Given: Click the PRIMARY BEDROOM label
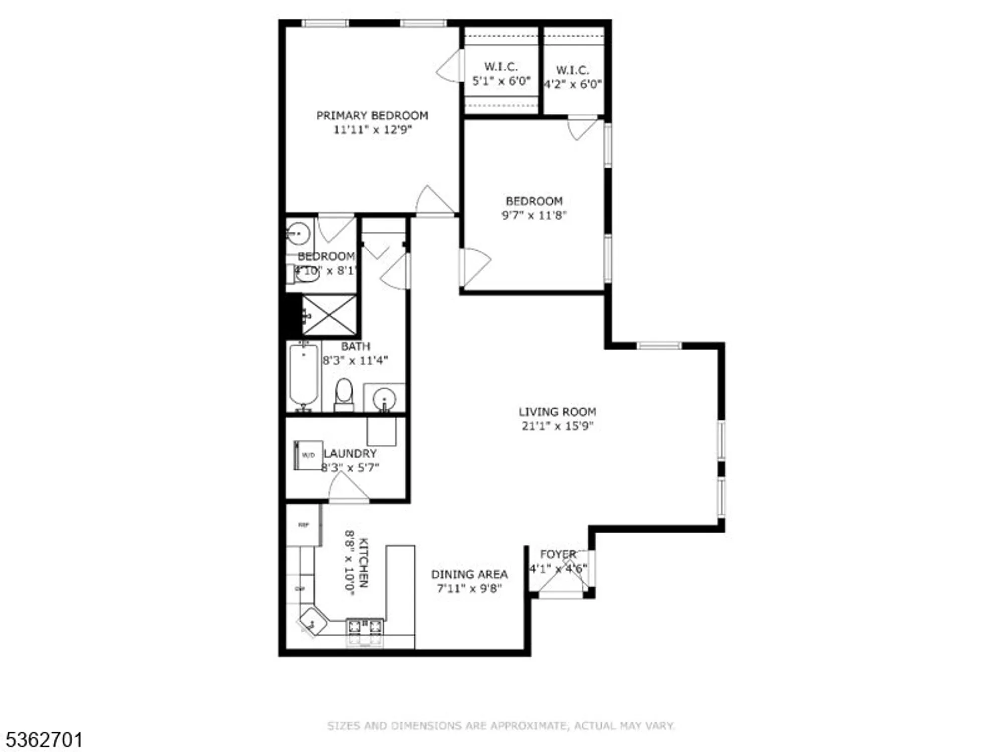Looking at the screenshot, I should (372, 116).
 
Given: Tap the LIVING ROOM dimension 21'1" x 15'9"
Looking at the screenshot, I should (557, 426).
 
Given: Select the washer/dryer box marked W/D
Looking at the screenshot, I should (308, 455).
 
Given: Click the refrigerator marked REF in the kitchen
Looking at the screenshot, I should (303, 525).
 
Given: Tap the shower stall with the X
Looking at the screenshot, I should (329, 315).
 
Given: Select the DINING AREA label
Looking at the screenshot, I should (469, 574).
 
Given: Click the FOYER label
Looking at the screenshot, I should (558, 554).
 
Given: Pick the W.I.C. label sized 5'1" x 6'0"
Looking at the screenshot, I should (501, 67).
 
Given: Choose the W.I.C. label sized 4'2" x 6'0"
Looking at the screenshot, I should (572, 70).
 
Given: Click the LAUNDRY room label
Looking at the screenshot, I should (350, 454).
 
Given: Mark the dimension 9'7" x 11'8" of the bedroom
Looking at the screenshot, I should (534, 215).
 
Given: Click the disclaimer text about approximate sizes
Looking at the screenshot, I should (500, 725).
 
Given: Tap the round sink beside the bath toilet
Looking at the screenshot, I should (384, 399).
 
